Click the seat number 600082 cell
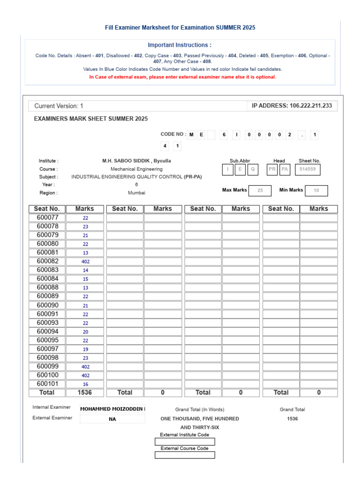coord(47,261)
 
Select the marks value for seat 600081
coord(85,253)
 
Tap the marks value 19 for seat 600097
coord(85,349)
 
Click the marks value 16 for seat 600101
coord(85,384)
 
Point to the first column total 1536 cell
coord(85,393)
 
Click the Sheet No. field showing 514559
coord(307,169)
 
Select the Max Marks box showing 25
coord(260,190)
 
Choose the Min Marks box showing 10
coord(316,190)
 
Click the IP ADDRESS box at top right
coord(292,106)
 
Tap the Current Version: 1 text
coord(59,106)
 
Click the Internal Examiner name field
coord(112,409)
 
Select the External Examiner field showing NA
coord(112,419)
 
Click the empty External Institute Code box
coord(185,442)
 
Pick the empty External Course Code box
coord(185,455)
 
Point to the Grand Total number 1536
coord(292,419)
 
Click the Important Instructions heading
coord(180,45)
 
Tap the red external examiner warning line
coord(182,77)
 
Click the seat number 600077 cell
coord(47,217)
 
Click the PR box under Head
coord(272,169)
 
